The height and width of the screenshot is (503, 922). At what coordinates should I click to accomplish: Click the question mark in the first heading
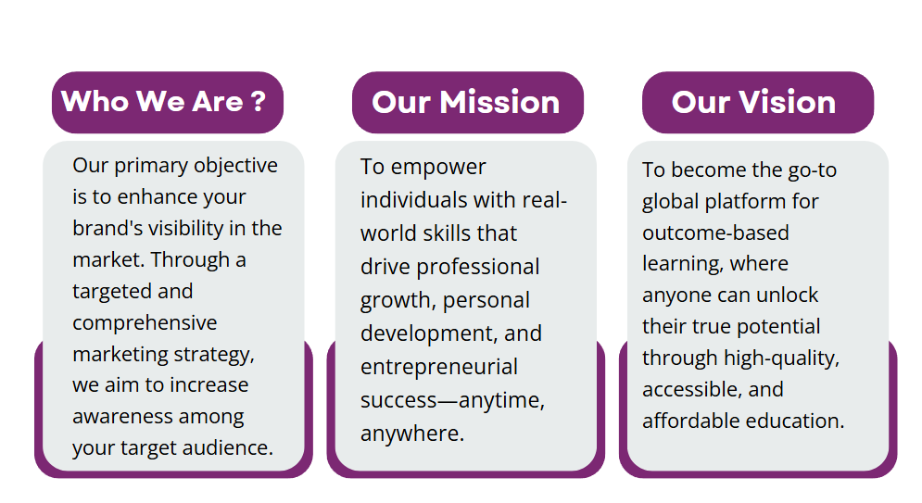pos(259,101)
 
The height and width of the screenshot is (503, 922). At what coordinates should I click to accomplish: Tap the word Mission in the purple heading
pos(499,102)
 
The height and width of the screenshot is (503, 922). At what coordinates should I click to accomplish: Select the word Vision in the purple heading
pos(787,102)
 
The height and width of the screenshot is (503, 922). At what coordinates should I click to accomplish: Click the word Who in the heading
pos(95,101)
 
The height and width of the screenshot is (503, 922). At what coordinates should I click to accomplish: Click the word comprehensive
pos(145,323)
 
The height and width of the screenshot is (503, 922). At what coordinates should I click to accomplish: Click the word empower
pos(438,168)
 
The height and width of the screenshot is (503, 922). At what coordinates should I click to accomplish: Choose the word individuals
pos(414,200)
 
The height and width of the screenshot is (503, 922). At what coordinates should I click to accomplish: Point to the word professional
pos(477,268)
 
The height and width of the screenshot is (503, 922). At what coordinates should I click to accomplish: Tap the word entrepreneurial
pos(438,367)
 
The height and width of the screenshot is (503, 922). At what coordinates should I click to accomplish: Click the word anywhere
pos(412,434)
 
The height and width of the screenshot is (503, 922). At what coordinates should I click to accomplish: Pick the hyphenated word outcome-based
pos(715,233)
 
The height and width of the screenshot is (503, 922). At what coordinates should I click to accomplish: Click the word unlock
pos(787,295)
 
